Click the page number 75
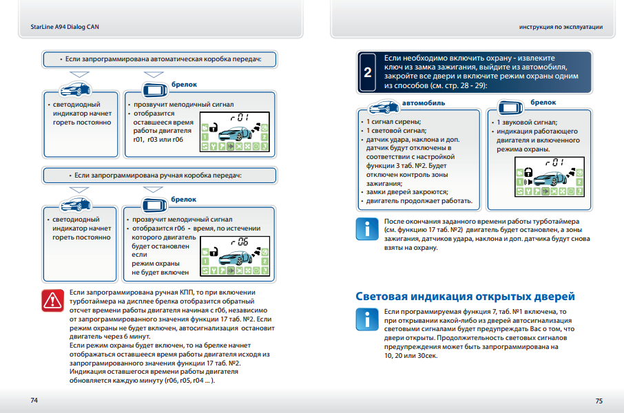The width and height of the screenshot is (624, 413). [x=599, y=400]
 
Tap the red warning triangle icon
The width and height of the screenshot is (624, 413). [x=52, y=299]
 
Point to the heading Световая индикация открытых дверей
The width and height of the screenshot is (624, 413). [x=465, y=297]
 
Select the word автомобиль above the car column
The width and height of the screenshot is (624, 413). [x=424, y=103]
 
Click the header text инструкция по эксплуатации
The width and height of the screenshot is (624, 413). [x=561, y=27]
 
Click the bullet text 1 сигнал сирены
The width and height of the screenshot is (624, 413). [x=393, y=121]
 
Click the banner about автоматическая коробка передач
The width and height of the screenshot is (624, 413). [x=160, y=60]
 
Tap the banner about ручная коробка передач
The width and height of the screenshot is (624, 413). [x=160, y=176]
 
